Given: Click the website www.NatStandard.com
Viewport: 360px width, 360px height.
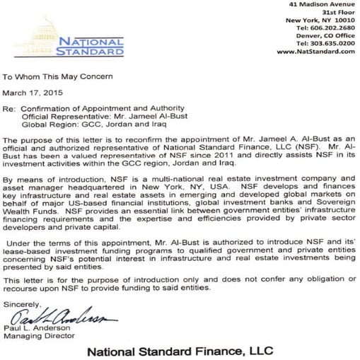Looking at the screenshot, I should point(315,52).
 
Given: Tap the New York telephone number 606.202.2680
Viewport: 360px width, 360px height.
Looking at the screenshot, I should point(327,28).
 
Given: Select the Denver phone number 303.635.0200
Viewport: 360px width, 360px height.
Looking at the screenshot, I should point(327,43).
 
